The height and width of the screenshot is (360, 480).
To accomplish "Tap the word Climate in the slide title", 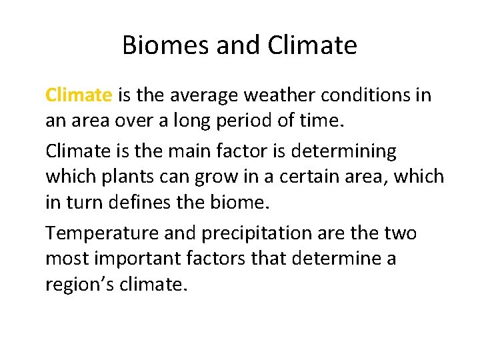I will (x=312, y=46).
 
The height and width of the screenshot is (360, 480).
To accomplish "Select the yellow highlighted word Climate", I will (x=79, y=95).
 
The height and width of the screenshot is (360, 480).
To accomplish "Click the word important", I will (x=142, y=259).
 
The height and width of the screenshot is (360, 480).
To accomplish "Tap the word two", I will (x=401, y=234).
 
